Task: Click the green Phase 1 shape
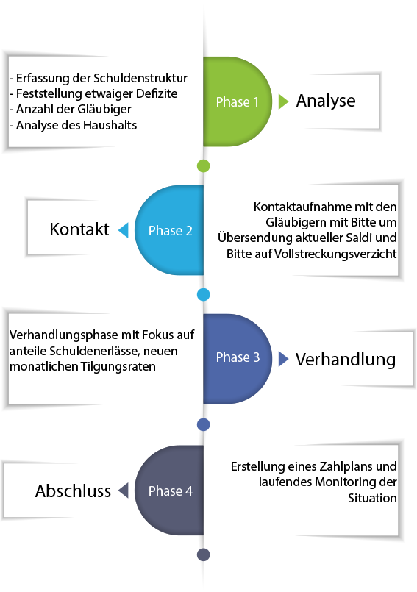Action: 238,101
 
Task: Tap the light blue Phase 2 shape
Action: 169,230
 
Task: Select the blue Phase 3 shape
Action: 238,359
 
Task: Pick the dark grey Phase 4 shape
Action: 169,490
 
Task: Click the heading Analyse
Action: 326,101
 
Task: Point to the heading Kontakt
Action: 79,229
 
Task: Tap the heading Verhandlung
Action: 345,360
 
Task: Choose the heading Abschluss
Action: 73,491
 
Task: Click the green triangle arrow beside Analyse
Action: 283,101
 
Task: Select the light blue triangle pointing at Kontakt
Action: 124,230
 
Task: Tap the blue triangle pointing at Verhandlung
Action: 283,359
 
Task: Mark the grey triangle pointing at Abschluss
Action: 124,491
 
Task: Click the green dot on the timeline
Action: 204,165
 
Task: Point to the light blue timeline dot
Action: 204,294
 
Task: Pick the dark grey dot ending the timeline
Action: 204,554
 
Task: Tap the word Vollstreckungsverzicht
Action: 335,254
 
